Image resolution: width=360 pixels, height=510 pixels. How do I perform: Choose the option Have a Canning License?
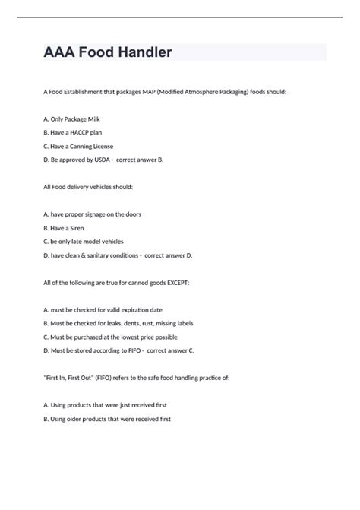(79, 146)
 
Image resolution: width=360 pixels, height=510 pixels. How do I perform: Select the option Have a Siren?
(66, 227)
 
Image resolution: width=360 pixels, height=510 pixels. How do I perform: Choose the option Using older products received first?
(108, 418)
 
